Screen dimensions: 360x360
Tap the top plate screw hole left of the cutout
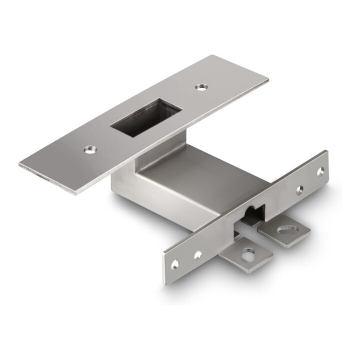tap(90, 148)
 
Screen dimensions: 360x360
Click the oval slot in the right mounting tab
tap(285, 229)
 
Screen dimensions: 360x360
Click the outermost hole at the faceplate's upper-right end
tap(320, 171)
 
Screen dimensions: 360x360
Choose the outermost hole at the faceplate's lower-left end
tap(175, 266)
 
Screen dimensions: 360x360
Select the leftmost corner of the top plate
tap(19, 165)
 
